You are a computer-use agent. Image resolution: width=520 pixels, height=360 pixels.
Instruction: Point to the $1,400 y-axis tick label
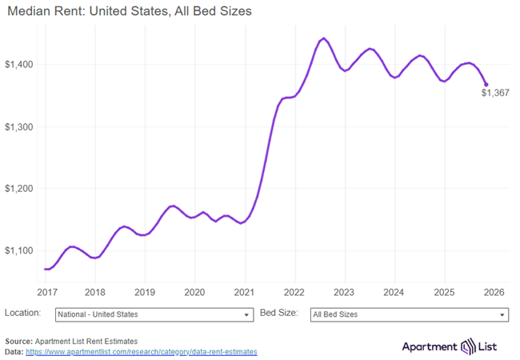pos(19,64)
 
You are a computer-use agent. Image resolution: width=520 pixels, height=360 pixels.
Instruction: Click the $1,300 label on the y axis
pos(19,126)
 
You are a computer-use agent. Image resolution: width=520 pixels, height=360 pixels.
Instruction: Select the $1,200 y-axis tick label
pos(19,189)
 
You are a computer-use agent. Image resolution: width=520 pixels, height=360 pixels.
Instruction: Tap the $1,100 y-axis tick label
pos(19,250)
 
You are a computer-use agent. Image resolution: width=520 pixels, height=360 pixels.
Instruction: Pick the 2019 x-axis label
pos(145,291)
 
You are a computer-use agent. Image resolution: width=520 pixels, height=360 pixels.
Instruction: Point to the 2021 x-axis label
pos(244,291)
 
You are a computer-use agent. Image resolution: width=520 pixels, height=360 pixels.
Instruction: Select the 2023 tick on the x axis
pos(344,291)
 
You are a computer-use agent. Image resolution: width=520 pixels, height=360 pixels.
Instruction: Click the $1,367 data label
pos(495,93)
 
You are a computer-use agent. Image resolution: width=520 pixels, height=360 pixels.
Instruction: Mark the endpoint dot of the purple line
pos(486,84)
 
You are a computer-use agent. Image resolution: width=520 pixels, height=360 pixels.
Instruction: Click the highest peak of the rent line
pos(323,38)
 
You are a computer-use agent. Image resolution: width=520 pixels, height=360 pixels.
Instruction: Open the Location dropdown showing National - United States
pos(154,315)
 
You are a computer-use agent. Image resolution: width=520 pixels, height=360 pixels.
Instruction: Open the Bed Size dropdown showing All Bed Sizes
pos(408,315)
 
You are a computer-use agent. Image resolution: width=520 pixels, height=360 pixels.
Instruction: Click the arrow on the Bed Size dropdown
pos(502,315)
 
